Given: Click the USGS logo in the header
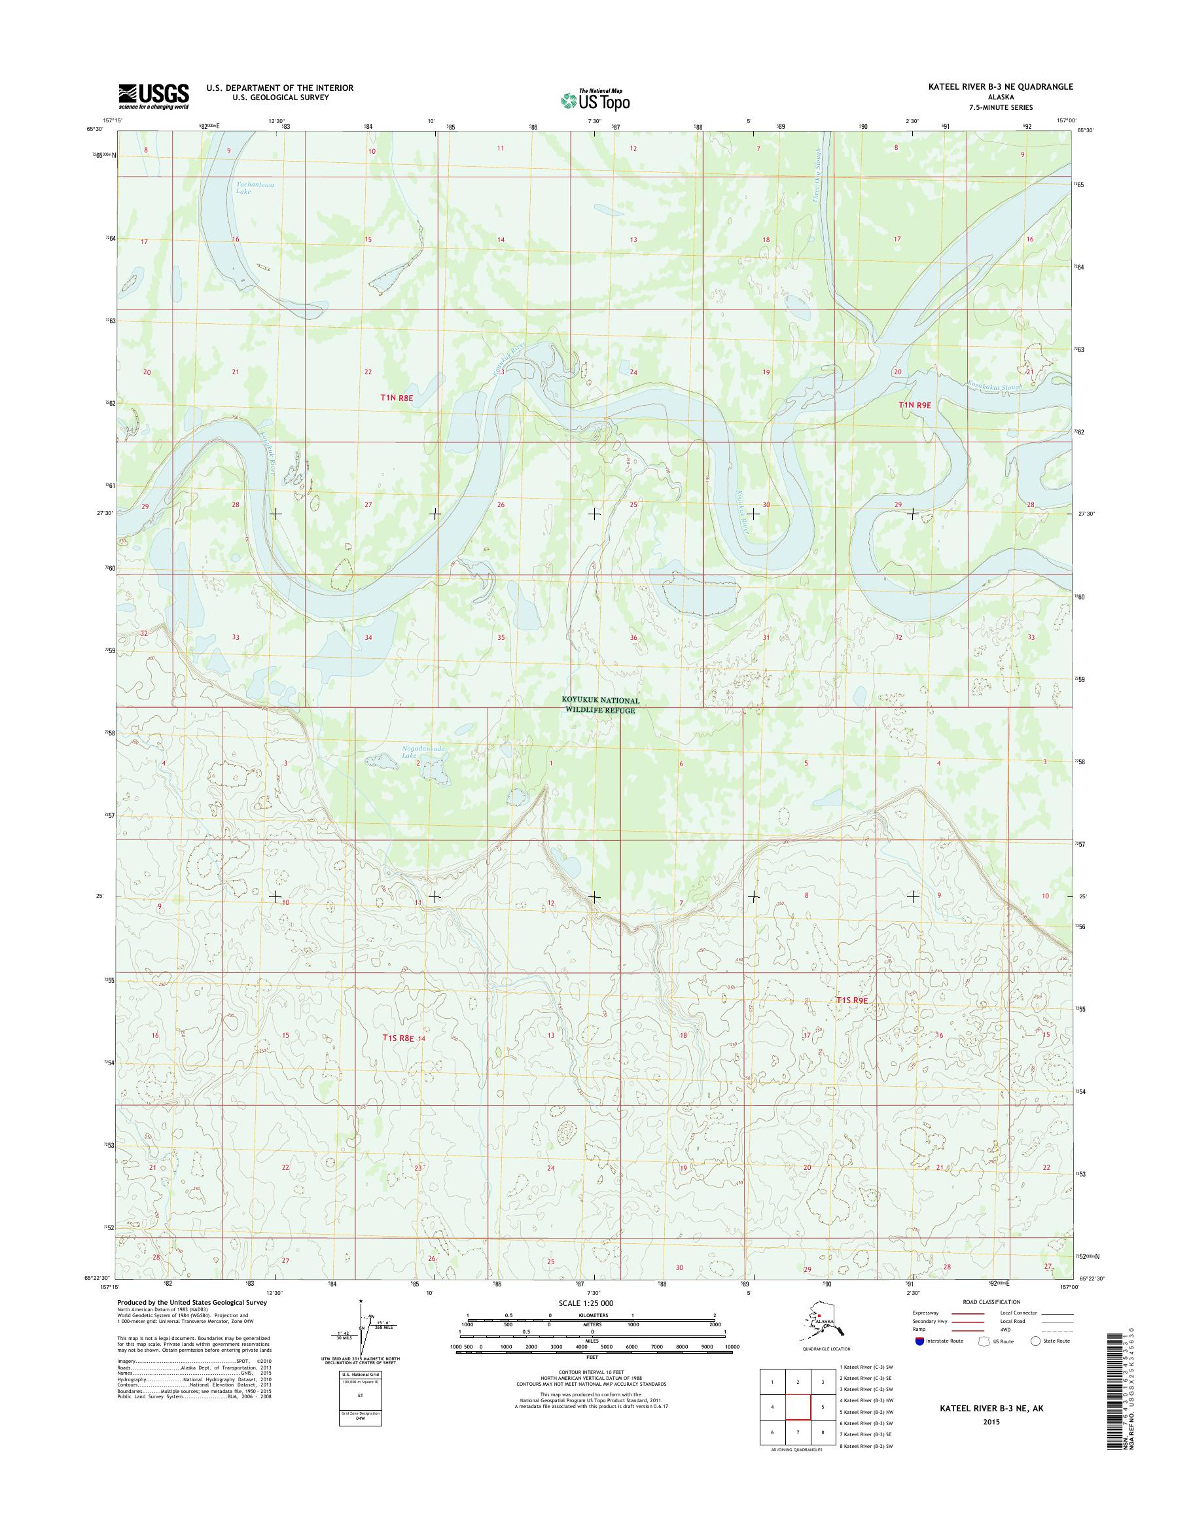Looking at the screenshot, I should pyautogui.click(x=153, y=96).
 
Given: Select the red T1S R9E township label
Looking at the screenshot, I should pyautogui.click(x=853, y=1000).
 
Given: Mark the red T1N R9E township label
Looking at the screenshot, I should pyautogui.click(x=915, y=404).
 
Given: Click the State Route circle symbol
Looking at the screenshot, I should pyautogui.click(x=1035, y=1341).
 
